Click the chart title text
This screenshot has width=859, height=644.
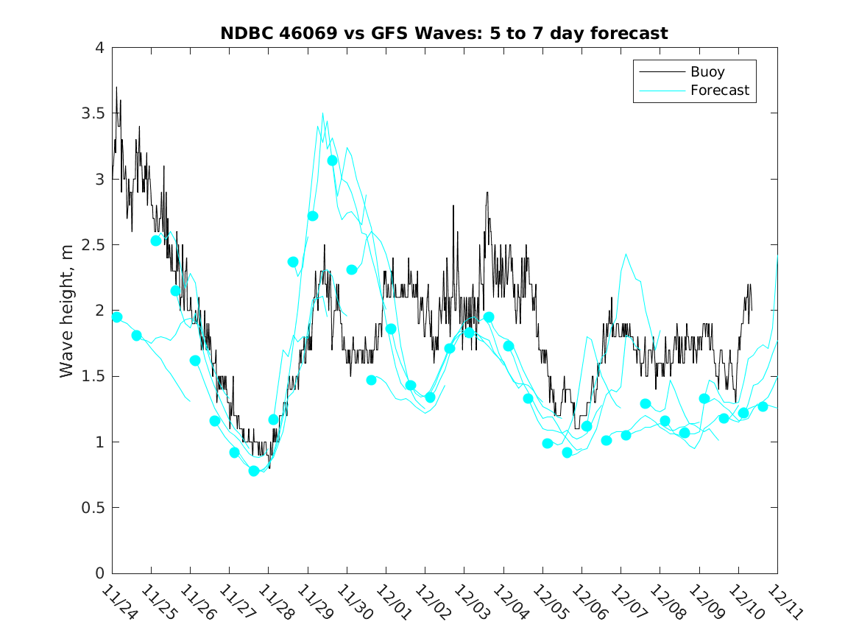[x=444, y=33]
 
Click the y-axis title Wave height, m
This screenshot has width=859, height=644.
[x=67, y=311]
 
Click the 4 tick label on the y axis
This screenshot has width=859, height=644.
[x=99, y=48]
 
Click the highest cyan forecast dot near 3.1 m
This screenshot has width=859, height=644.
[x=332, y=160]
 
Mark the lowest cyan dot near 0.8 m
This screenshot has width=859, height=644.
[x=254, y=471]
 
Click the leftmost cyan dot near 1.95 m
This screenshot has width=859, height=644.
[x=116, y=317]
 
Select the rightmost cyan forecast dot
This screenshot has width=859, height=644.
[x=763, y=407]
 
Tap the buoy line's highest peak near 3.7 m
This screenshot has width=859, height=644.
[x=116, y=88]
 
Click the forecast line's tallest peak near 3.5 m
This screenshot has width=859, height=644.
[x=322, y=113]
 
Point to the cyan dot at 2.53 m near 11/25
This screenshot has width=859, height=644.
[x=156, y=241]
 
